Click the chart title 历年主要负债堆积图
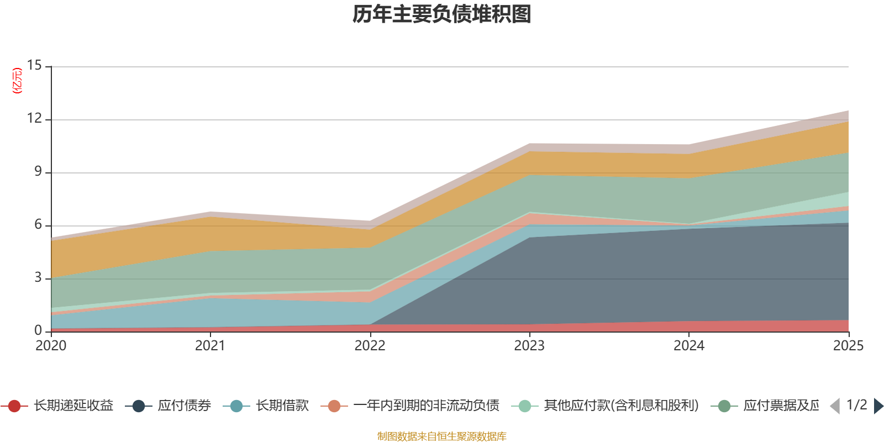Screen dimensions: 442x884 pyautogui.click(x=442, y=14)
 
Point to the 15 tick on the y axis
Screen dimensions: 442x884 pyautogui.click(x=34, y=65)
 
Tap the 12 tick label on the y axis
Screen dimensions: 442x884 pyautogui.click(x=34, y=118)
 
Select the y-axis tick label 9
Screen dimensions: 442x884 pyautogui.click(x=38, y=171)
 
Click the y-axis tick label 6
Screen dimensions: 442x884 pyautogui.click(x=38, y=224)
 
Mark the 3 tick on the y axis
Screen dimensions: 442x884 pyautogui.click(x=38, y=277)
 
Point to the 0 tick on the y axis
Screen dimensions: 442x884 pyautogui.click(x=38, y=330)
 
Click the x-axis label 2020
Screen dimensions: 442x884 pyautogui.click(x=51, y=346)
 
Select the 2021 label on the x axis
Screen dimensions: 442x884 pyautogui.click(x=211, y=346)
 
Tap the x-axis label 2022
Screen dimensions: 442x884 pyautogui.click(x=370, y=346)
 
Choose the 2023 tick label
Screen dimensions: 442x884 pyautogui.click(x=529, y=346)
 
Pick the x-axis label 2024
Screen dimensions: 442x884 pyautogui.click(x=689, y=346)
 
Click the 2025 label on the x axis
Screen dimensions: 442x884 pyautogui.click(x=848, y=346)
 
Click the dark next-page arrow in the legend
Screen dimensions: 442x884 pyautogui.click(x=878, y=406)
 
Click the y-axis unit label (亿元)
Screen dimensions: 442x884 pyautogui.click(x=18, y=81)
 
